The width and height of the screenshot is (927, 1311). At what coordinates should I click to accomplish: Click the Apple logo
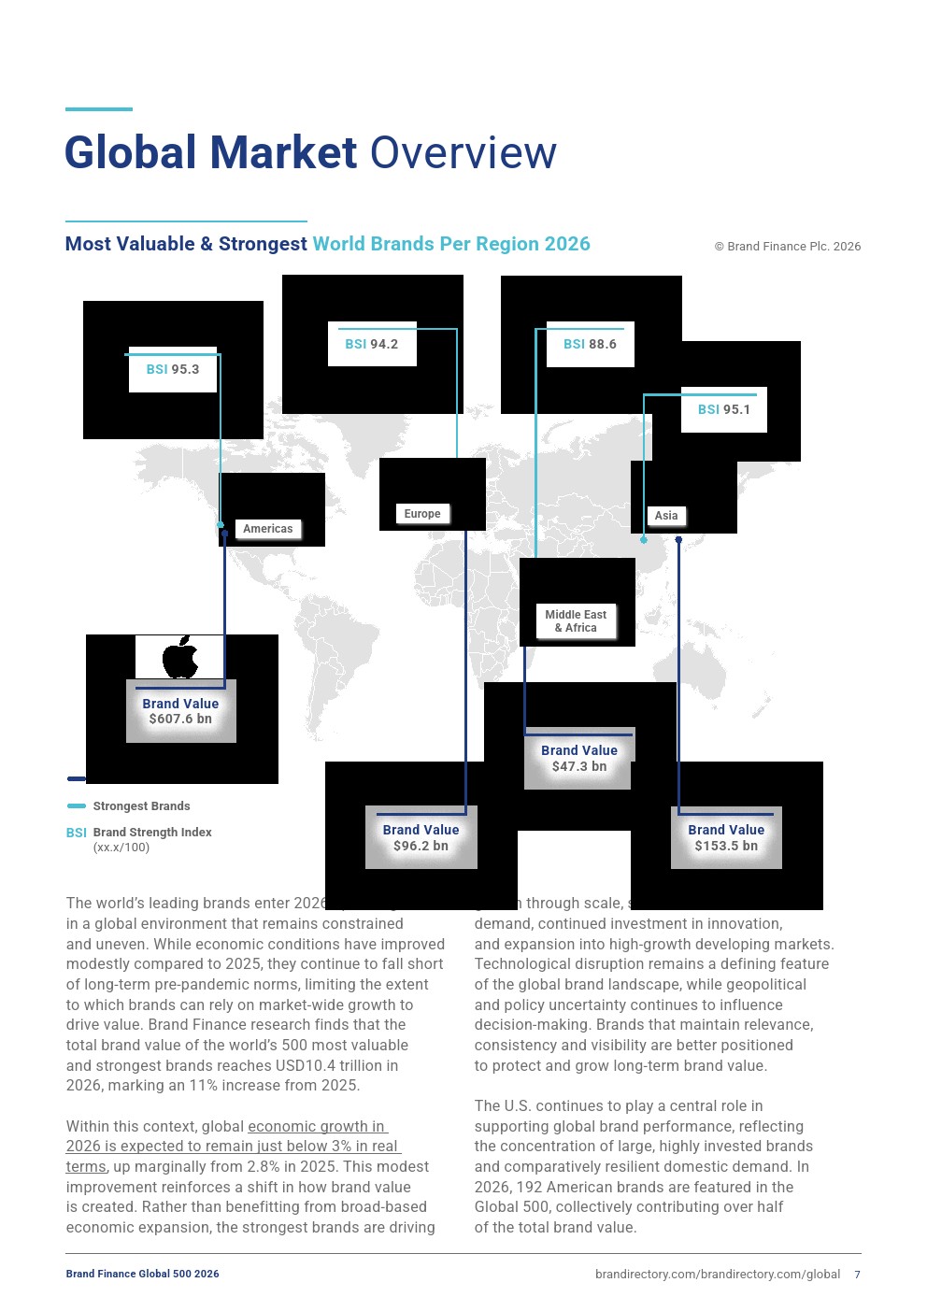180,657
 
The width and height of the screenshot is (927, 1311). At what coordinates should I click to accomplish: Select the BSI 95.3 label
173,369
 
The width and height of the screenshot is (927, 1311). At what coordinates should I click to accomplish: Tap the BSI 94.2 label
372,344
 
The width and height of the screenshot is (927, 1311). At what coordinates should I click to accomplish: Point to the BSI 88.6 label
590,344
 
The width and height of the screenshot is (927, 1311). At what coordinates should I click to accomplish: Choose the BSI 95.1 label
724,409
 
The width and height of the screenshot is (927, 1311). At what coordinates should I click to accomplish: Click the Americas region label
267,529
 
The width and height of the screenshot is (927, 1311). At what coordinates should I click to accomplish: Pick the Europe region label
422,514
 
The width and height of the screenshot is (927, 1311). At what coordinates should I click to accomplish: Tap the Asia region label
666,516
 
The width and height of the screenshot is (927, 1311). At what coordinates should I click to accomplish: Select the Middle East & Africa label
576,621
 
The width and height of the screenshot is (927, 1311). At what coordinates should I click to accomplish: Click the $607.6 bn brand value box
180,711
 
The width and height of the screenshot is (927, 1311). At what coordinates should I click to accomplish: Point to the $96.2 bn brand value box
421,837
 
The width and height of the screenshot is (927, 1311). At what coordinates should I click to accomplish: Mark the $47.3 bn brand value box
579,758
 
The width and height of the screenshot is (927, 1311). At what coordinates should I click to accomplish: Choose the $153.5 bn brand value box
726,837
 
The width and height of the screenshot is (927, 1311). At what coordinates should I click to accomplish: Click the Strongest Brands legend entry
141,806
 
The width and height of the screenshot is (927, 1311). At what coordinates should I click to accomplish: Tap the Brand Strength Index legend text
152,833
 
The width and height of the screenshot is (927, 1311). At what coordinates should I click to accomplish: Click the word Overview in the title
463,153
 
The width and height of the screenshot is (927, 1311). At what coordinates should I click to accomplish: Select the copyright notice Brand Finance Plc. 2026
788,247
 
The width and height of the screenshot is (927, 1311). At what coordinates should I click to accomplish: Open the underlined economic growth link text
233,1147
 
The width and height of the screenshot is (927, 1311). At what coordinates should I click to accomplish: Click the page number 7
857,1275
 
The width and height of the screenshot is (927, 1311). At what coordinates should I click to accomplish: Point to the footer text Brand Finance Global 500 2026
142,1274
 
